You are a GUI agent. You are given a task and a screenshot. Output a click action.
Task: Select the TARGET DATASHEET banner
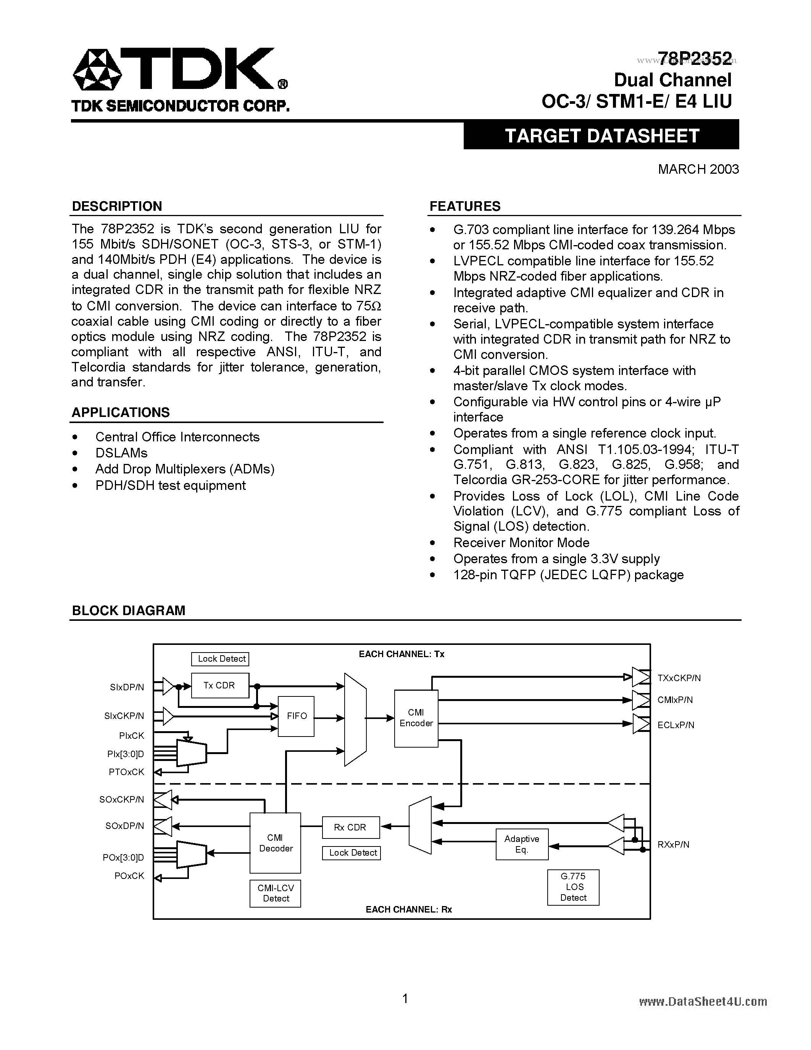pyautogui.click(x=601, y=136)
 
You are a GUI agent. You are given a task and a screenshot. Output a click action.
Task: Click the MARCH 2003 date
pyautogui.click(x=698, y=169)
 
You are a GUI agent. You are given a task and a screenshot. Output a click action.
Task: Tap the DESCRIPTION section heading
pyautogui.click(x=117, y=206)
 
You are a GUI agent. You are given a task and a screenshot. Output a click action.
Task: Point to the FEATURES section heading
pyautogui.click(x=464, y=206)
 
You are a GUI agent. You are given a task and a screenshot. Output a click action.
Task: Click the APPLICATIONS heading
pyautogui.click(x=121, y=412)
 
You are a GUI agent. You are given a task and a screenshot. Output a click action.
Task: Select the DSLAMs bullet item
pyautogui.click(x=121, y=453)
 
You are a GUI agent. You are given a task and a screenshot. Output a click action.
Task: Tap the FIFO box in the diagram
pyautogui.click(x=297, y=716)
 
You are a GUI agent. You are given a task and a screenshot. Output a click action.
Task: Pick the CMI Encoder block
pyautogui.click(x=416, y=718)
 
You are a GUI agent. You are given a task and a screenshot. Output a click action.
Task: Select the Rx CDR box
pyautogui.click(x=350, y=827)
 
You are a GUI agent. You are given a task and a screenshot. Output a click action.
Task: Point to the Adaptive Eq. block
pyautogui.click(x=522, y=844)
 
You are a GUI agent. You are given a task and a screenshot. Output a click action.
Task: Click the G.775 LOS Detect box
pyautogui.click(x=573, y=887)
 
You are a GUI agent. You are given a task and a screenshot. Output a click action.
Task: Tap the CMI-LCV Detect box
pyautogui.click(x=275, y=893)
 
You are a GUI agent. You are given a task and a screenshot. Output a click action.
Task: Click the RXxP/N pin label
pyautogui.click(x=673, y=844)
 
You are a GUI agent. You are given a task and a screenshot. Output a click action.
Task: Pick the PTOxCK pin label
pyautogui.click(x=126, y=772)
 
